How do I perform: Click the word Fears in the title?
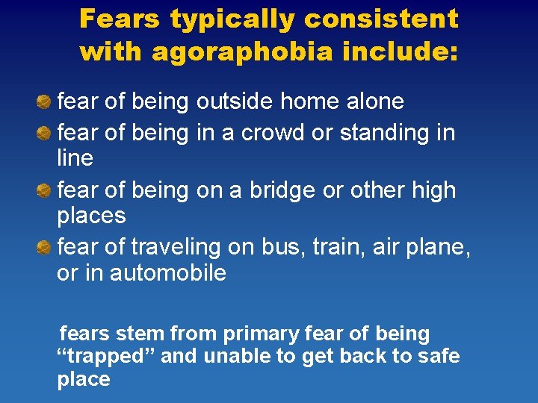coord(120,19)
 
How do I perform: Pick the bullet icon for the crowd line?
coord(45,134)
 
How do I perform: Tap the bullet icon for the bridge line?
coord(45,191)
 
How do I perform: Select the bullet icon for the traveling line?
coord(45,246)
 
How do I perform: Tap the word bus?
coord(278,246)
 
